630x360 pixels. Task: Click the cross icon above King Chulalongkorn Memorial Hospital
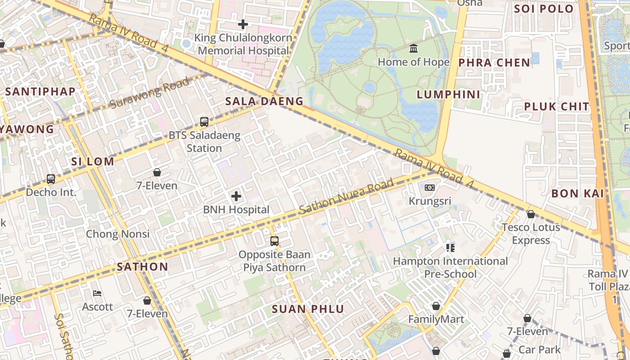tap(243, 24)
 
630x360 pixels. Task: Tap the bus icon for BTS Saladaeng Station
tap(204, 121)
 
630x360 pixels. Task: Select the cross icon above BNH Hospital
tap(236, 196)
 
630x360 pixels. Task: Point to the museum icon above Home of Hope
tap(414, 48)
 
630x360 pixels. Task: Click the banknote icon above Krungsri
tap(430, 187)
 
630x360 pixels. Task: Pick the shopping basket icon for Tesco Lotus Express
tap(531, 214)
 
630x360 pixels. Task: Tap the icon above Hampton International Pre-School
tap(450, 247)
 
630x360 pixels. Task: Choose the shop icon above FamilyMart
tap(436, 306)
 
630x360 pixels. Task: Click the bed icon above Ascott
tap(97, 293)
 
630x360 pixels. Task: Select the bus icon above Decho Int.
tap(51, 179)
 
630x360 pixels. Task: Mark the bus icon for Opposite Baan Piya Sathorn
tap(274, 241)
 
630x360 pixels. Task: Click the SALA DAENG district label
tap(265, 101)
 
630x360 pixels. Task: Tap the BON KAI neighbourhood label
tap(577, 193)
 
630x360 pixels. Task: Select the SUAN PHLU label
tap(308, 309)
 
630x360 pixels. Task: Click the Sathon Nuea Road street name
tap(346, 196)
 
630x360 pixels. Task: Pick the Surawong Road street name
tap(150, 94)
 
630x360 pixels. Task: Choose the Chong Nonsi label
tap(118, 234)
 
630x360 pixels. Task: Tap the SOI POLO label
tap(544, 9)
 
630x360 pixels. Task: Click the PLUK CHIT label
tap(557, 107)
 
